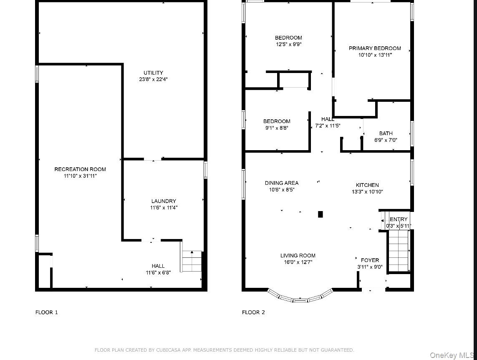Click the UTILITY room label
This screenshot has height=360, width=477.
(x=153, y=73)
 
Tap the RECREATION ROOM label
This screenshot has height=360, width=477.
(x=80, y=169)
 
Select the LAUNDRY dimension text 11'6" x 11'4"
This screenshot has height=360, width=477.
(x=164, y=208)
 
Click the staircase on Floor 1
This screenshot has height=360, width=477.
(x=192, y=261)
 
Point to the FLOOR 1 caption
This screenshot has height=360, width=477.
(x=47, y=312)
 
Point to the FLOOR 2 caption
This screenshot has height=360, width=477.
(x=253, y=312)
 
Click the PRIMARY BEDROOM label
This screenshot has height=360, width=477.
(x=375, y=48)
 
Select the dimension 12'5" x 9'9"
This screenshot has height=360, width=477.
(x=288, y=44)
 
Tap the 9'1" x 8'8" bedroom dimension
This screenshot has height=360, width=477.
(x=277, y=128)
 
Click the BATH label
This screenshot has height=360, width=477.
(x=386, y=133)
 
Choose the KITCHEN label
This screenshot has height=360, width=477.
(x=368, y=185)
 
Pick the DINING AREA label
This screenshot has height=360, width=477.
(x=282, y=183)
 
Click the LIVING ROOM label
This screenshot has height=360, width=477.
(x=298, y=255)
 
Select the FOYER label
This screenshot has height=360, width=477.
(x=370, y=260)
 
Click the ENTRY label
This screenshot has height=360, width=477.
(x=399, y=219)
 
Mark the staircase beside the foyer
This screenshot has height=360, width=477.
(x=399, y=251)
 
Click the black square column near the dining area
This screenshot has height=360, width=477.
(x=321, y=214)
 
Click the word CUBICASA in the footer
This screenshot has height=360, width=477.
(x=169, y=350)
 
